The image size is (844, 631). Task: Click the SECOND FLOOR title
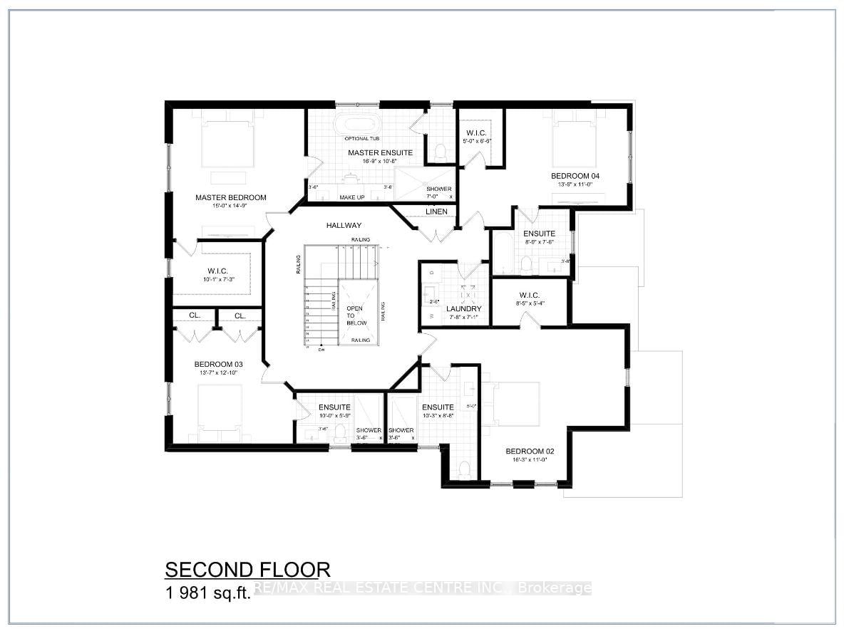(247, 570)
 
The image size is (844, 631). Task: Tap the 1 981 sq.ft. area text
(207, 593)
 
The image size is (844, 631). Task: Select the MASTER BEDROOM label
(230, 198)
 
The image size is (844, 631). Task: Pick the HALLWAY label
(344, 226)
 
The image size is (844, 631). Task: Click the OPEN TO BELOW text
(356, 315)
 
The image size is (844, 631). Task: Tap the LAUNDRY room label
(464, 309)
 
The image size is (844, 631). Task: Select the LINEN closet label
(436, 212)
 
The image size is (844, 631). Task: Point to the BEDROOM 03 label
(218, 364)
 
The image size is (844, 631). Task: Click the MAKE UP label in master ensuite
(351, 197)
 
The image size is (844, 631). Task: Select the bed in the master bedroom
(227, 142)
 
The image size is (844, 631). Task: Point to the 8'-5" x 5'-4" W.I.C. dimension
(530, 303)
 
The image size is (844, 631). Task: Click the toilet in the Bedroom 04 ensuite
(527, 264)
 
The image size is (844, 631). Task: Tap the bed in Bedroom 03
(220, 412)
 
